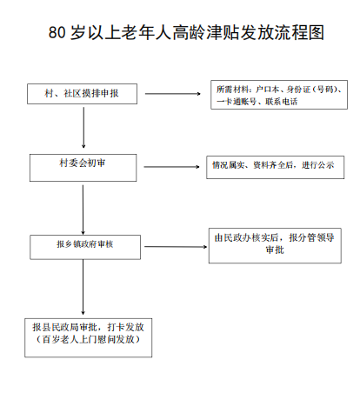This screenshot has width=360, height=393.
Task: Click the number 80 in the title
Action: coord(57,32)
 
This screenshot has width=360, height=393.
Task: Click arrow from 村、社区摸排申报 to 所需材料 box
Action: coord(173,94)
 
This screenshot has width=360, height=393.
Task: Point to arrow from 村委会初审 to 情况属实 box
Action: coord(171,167)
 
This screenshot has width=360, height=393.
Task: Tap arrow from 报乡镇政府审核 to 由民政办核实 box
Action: coord(176,247)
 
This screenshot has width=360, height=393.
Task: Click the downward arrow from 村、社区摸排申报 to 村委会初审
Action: coord(83,128)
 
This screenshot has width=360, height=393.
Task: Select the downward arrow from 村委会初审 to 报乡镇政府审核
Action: coord(83,210)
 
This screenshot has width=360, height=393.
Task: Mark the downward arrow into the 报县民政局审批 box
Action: coord(83,287)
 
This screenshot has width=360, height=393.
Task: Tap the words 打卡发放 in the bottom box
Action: coord(125,327)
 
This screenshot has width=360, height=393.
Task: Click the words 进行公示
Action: coord(318,165)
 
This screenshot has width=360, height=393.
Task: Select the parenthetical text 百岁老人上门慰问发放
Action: coord(88,339)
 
